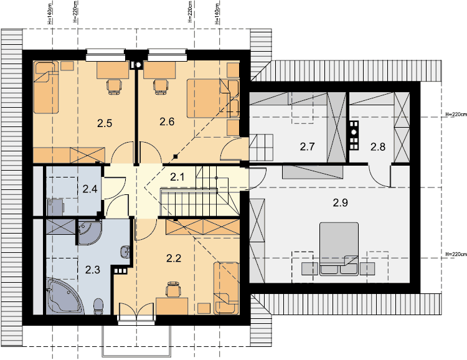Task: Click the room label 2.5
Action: tap(105, 123)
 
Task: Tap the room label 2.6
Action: tap(167, 121)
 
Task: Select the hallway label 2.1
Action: tap(177, 177)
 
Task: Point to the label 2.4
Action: tap(90, 189)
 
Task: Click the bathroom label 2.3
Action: tap(93, 270)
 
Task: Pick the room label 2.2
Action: tap(174, 258)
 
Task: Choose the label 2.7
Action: tap(307, 146)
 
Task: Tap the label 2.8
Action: tap(378, 146)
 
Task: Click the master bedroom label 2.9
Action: tap(341, 202)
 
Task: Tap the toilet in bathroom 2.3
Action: tap(98, 306)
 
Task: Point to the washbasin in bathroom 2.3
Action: tap(125, 252)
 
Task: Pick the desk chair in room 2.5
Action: tap(114, 87)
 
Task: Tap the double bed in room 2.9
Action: tap(339, 249)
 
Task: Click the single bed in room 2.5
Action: tap(45, 88)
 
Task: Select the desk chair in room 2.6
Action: tap(160, 87)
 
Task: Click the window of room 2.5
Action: tap(105, 55)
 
